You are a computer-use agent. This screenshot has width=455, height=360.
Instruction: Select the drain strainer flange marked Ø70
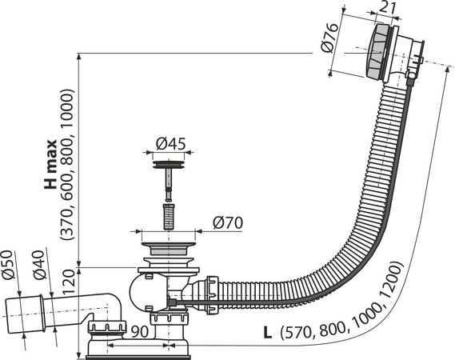tap(169, 238)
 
